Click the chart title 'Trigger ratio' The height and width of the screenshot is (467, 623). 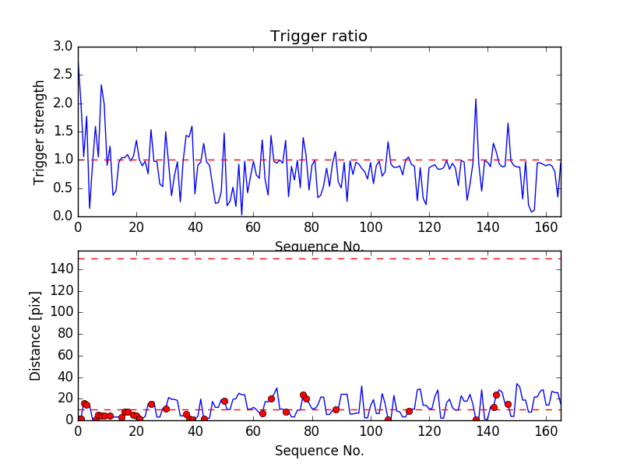pyautogui.click(x=319, y=37)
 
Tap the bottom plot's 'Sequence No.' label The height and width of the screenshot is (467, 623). pyautogui.click(x=319, y=451)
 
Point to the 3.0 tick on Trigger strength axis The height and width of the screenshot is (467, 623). pyautogui.click(x=64, y=47)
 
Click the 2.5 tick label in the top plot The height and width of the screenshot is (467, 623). pyautogui.click(x=64, y=75)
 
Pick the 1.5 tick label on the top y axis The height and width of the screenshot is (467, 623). pyautogui.click(x=64, y=132)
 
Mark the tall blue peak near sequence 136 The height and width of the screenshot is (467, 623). pyautogui.click(x=476, y=100)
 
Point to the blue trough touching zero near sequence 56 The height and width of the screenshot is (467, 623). pyautogui.click(x=241, y=214)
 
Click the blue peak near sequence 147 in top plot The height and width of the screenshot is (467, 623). pyautogui.click(x=508, y=123)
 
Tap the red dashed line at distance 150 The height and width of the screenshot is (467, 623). pyautogui.click(x=319, y=258)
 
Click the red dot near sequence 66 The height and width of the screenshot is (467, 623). pyautogui.click(x=271, y=399)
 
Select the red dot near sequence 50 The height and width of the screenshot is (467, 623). pyautogui.click(x=224, y=401)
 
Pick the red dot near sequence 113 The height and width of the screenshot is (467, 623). pyautogui.click(x=409, y=411)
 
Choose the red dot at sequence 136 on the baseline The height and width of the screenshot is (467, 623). pyautogui.click(x=476, y=420)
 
